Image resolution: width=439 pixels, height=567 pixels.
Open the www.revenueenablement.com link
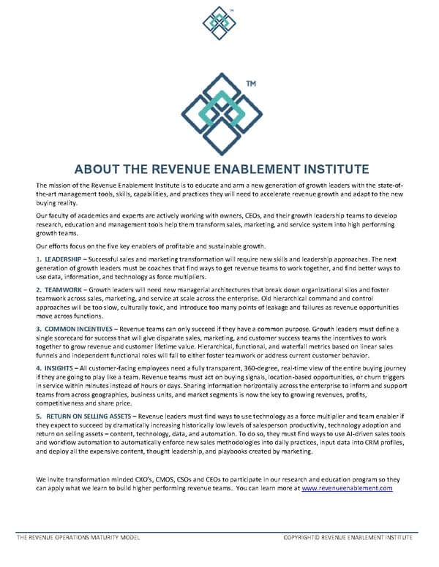tap(348, 487)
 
